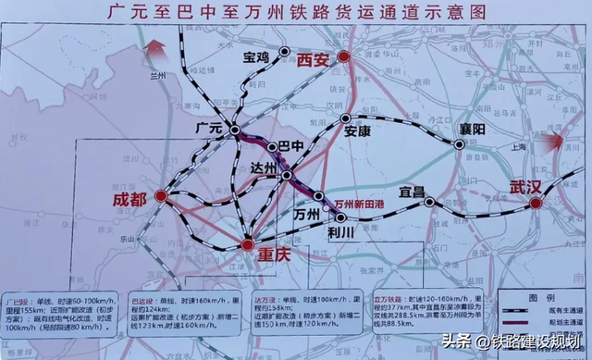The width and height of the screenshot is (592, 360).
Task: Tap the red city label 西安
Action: tap(314, 59)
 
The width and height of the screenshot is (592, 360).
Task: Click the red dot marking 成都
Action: tap(161, 196)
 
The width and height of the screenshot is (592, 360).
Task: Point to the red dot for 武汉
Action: tap(536, 203)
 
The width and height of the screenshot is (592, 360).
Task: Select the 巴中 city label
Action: tap(291, 145)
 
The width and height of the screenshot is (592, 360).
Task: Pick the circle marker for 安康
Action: tap(346, 118)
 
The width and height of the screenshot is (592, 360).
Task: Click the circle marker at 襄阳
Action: tap(459, 143)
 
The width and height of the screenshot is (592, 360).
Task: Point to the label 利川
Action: tap(340, 235)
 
